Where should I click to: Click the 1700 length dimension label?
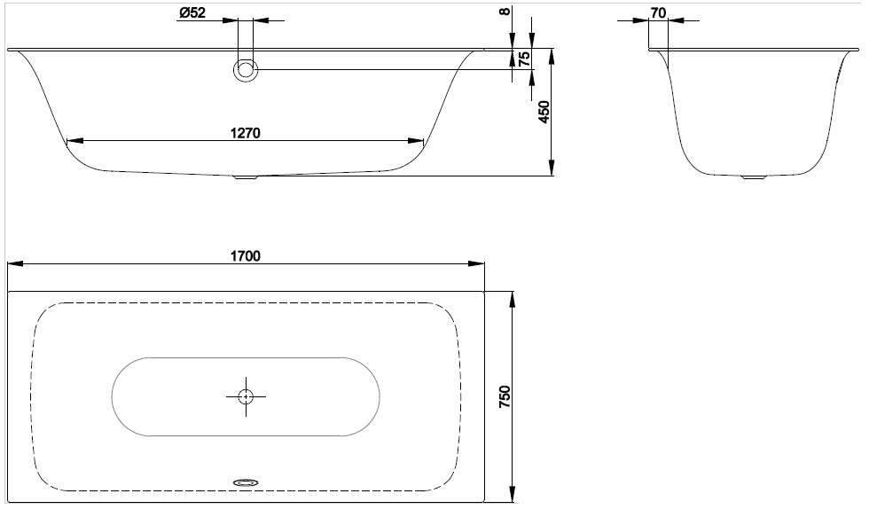pos(245,255)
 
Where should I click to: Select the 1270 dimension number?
pos(245,132)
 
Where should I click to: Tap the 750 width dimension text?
pos(505,396)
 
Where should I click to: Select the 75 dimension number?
pos(524,59)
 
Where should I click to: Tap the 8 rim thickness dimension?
pos(505,12)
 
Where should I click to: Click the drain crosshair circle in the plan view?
pos(246,396)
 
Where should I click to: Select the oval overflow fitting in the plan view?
pos(246,482)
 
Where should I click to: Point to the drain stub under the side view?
pos(246,176)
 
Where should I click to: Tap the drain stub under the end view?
pos(753,177)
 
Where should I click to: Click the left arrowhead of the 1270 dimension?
pos(73,140)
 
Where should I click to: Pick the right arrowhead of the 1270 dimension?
pos(418,140)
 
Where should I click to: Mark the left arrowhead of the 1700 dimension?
pos(12,263)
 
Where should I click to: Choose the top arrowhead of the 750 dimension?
pos(513,297)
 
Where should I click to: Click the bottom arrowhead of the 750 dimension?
pos(513,496)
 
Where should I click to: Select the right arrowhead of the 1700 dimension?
pos(479,263)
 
